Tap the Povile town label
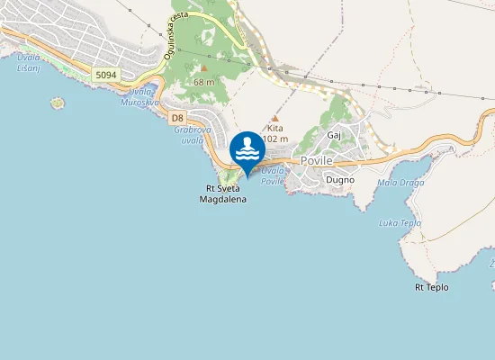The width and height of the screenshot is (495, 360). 317,160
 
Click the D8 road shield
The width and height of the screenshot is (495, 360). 177,118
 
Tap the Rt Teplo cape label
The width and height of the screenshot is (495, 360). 431,288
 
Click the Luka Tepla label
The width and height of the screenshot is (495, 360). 400,222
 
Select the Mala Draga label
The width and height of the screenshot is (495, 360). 400,183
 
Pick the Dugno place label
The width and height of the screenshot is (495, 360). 339,179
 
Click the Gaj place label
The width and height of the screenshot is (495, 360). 335,135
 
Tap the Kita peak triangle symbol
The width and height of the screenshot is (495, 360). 274,118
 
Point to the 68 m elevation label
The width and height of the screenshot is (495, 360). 203,82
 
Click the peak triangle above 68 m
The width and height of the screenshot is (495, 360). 204,67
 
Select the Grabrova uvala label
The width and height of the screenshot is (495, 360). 189,134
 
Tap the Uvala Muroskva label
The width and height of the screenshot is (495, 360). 139,97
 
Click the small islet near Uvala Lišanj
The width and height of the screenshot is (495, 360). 58,103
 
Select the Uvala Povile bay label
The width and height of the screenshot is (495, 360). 272,175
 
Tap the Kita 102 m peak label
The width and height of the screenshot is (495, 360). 275,133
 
